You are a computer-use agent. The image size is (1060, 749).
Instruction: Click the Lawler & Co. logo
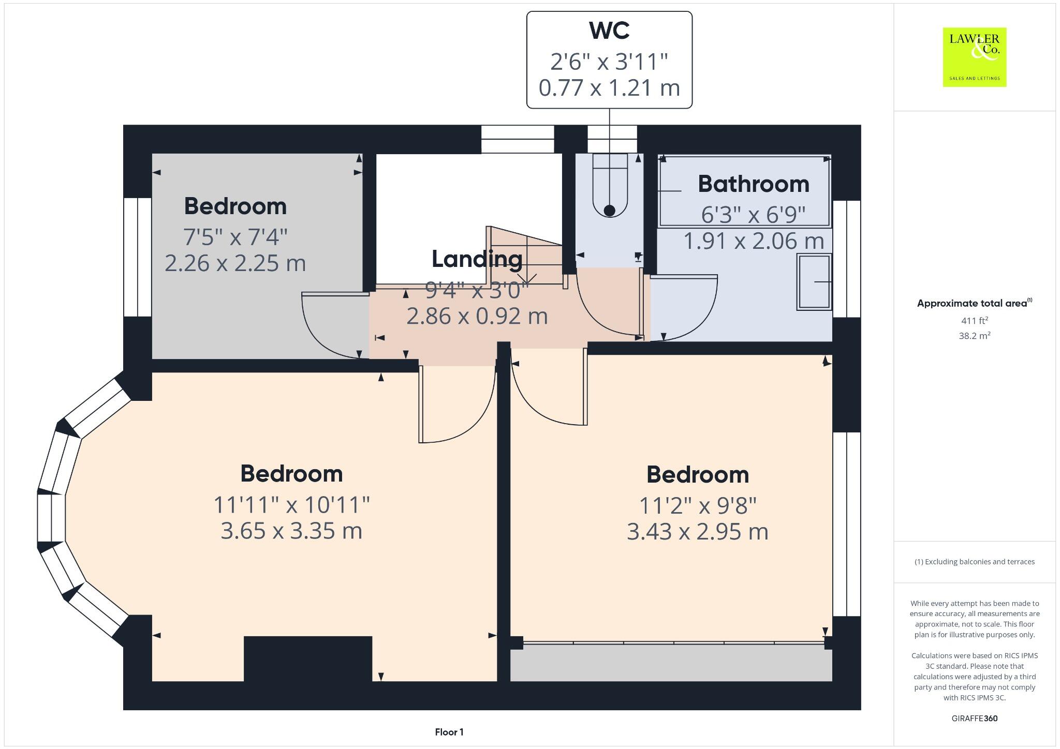click(974, 57)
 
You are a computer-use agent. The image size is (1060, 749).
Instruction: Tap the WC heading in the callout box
click(609, 31)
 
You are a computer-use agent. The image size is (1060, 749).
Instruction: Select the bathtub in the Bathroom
click(744, 191)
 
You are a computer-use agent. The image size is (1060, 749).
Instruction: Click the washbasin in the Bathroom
click(814, 282)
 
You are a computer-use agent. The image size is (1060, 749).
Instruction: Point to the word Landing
click(477, 259)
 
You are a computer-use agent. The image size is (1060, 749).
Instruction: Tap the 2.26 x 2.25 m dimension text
click(235, 263)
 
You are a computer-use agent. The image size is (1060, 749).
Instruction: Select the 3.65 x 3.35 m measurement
click(291, 531)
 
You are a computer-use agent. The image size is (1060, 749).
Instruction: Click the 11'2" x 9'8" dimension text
click(697, 505)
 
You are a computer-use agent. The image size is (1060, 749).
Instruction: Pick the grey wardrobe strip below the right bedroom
click(671, 665)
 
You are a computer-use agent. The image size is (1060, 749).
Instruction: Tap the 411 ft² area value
click(974, 321)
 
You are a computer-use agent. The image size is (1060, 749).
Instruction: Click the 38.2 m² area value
click(974, 336)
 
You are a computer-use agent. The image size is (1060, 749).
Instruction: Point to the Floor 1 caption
click(449, 732)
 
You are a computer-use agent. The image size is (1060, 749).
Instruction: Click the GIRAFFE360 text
click(974, 718)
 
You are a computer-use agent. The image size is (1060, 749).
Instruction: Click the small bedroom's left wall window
click(137, 257)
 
